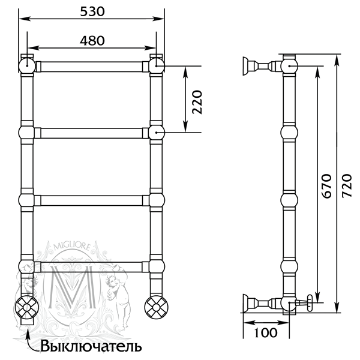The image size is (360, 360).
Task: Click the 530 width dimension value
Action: pos(92,11)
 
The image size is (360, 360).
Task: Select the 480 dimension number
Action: pos(92,41)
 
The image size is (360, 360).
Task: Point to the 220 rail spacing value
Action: pos(197,102)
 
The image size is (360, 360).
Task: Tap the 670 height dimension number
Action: pos(326,186)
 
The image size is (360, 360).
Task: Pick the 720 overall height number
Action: pos(346,186)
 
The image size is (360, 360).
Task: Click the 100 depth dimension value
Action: pos(266,332)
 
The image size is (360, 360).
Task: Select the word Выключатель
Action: pos(91,346)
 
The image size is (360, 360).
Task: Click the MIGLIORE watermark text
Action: pos(71,247)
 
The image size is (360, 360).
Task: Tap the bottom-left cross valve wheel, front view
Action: pos(26,307)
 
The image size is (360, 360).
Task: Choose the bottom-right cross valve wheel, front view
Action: pos(157,307)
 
